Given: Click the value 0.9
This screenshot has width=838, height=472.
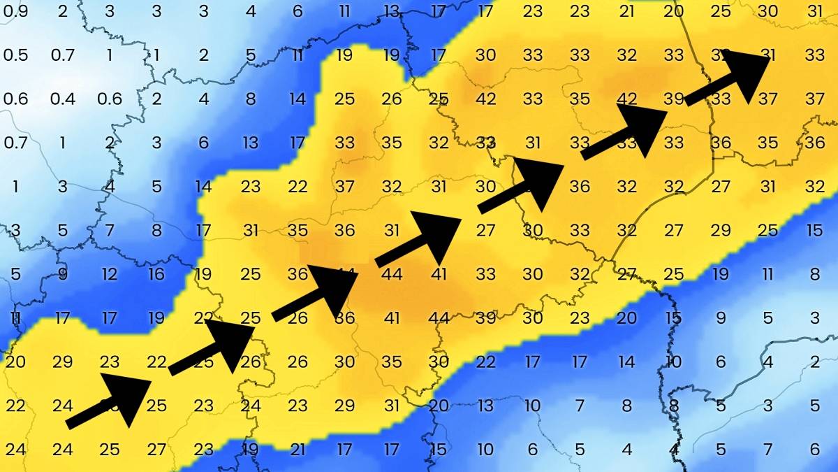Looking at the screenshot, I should pyautogui.click(x=15, y=11).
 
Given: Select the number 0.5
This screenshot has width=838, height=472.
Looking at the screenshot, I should pyautogui.click(x=15, y=55).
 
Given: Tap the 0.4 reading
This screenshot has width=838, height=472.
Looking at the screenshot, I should pyautogui.click(x=62, y=99).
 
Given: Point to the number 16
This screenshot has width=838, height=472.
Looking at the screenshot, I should pyautogui.click(x=156, y=274).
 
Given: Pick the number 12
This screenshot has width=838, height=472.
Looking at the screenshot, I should pyautogui.click(x=110, y=274).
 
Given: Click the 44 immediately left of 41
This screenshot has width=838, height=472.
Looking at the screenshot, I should pyautogui.click(x=392, y=274).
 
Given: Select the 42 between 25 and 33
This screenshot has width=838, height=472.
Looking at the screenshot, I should pyautogui.click(x=485, y=99).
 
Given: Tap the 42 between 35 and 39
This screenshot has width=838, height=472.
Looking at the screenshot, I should pyautogui.click(x=626, y=99).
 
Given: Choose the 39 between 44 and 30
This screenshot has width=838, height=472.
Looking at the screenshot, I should pyautogui.click(x=485, y=318).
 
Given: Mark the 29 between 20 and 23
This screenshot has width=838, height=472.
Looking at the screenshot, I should pyautogui.click(x=62, y=362).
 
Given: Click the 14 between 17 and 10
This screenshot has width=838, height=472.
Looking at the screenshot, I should pyautogui.click(x=626, y=362).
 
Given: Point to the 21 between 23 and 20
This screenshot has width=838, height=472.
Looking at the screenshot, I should pyautogui.click(x=626, y=11).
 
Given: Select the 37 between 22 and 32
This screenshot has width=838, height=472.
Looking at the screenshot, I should pyautogui.click(x=345, y=187).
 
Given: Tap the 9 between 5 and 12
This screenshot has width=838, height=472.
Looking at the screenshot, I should pyautogui.click(x=62, y=274).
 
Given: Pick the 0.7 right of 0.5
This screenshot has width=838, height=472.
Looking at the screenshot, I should pyautogui.click(x=62, y=55).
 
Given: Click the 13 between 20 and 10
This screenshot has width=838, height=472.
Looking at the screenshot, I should pyautogui.click(x=485, y=406).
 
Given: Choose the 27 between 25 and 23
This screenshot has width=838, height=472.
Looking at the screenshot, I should pyautogui.click(x=156, y=450).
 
